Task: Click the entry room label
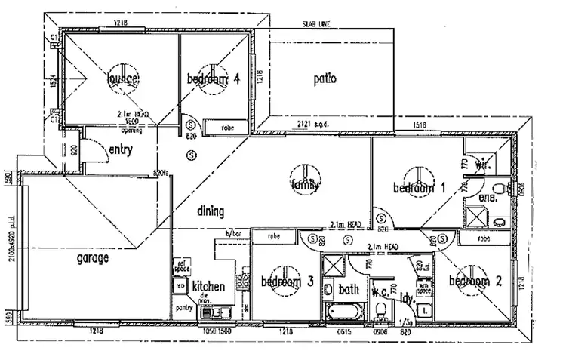121,149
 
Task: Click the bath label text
349,288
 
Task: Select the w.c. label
380,291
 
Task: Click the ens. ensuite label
487,198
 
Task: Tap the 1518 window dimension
421,125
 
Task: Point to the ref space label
181,266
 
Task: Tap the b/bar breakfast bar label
223,235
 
